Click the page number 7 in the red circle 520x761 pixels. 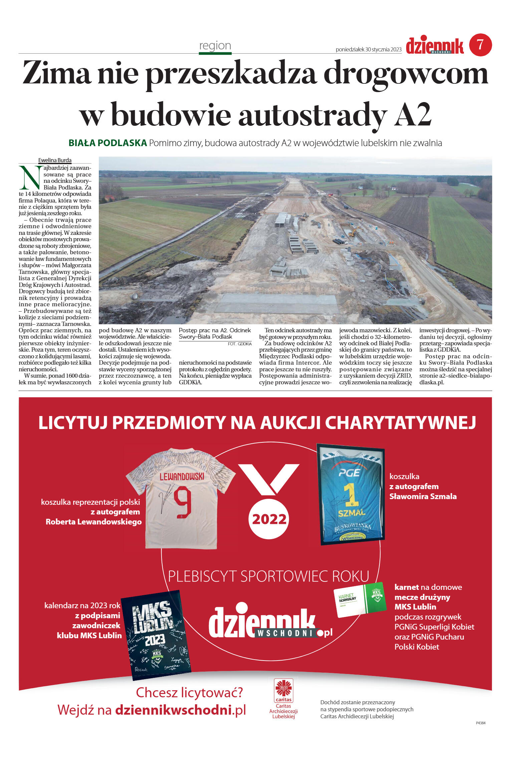click(x=480, y=45)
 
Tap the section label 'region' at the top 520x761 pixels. click(x=215, y=45)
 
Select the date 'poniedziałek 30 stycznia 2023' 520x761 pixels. click(x=368, y=49)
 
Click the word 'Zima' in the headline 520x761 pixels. click(x=56, y=73)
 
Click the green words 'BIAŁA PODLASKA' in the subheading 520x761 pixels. click(x=107, y=143)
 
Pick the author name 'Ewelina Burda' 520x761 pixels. click(x=55, y=160)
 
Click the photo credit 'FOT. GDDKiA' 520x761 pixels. click(x=240, y=344)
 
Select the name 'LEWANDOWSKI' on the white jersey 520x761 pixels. click(x=182, y=476)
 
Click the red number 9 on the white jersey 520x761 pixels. click(x=183, y=502)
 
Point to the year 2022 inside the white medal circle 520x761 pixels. click(x=269, y=519)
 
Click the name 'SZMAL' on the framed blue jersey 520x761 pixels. click(x=351, y=513)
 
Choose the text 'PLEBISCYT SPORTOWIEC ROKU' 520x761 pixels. click(x=268, y=577)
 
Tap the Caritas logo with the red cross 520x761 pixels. click(x=283, y=690)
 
